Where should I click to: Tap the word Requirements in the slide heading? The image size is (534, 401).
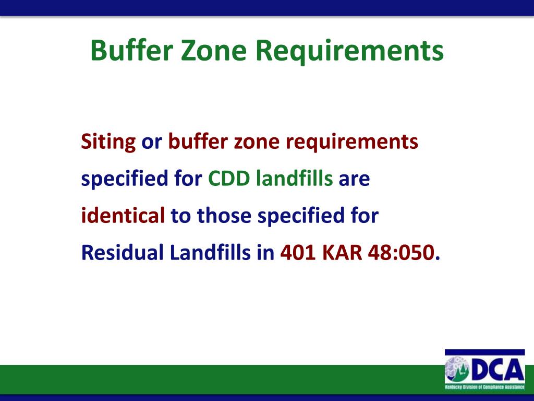pyautogui.click(x=351, y=51)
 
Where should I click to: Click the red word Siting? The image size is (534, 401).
pyautogui.click(x=108, y=142)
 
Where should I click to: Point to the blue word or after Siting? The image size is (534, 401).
pyautogui.click(x=152, y=142)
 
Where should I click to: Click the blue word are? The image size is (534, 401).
pyautogui.click(x=354, y=179)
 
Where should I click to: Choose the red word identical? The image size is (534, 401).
pyautogui.click(x=123, y=216)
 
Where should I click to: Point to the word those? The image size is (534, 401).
pyautogui.click(x=226, y=216)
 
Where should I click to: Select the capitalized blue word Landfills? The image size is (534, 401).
pyautogui.click(x=211, y=253)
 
